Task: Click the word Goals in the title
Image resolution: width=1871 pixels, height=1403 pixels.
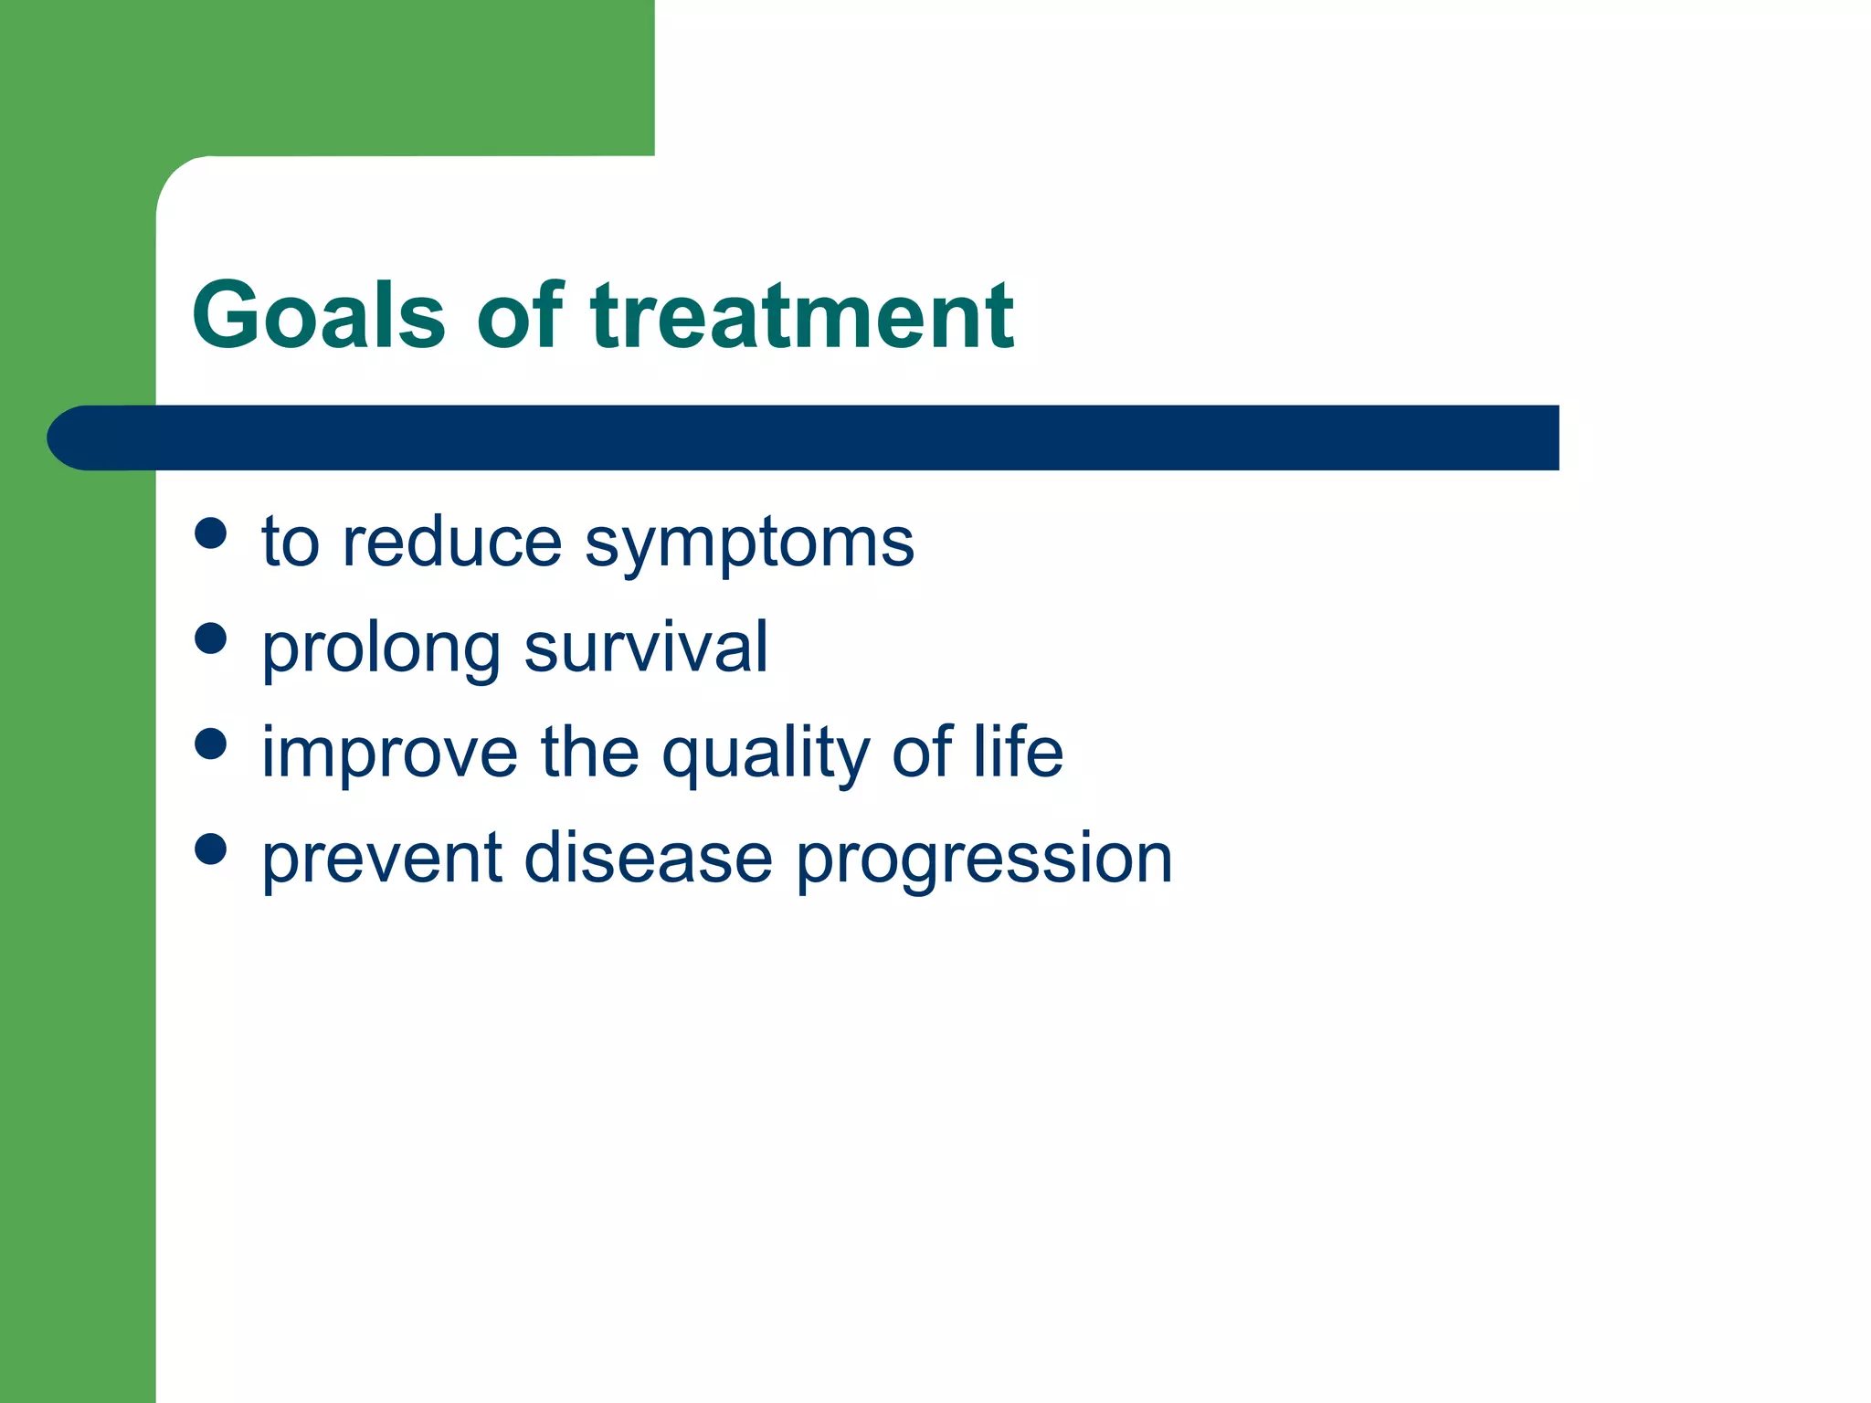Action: (318, 315)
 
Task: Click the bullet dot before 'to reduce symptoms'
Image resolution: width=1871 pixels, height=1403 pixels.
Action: (210, 533)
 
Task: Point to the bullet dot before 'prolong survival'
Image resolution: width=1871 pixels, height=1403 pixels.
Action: (210, 638)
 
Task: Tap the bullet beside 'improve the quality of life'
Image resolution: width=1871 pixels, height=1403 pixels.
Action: (210, 744)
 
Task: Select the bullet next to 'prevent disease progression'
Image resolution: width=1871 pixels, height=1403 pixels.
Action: (210, 849)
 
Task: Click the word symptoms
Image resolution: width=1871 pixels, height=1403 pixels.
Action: (749, 544)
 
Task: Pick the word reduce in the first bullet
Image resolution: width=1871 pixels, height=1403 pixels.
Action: (452, 543)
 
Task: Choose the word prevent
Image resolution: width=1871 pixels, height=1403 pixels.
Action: (382, 859)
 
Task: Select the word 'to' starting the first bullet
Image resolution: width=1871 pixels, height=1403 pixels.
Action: (290, 543)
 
